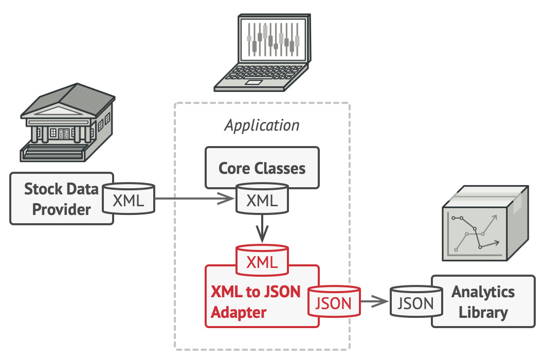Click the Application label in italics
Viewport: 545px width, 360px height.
pos(262,125)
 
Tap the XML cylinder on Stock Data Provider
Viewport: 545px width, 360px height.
pos(129,199)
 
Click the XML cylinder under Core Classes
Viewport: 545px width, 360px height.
pos(262,199)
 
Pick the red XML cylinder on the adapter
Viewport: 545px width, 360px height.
pos(262,260)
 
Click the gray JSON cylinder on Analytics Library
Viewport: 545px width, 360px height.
pos(416,301)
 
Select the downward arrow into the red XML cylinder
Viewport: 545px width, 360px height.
pos(262,228)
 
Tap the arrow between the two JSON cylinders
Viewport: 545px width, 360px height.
pos(375,301)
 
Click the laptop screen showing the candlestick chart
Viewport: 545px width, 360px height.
pos(273,39)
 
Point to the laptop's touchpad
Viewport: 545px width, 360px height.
pos(253,82)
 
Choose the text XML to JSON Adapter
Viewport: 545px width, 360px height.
pos(256,302)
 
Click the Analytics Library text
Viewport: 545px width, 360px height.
pos(483,302)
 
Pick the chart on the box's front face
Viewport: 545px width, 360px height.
pos(475,233)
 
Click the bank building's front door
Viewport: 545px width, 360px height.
pos(64,134)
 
